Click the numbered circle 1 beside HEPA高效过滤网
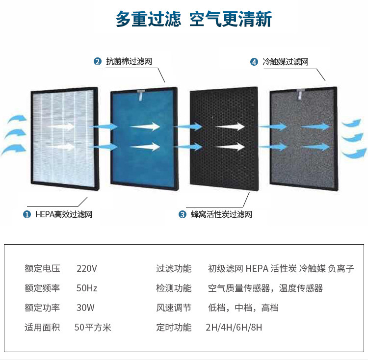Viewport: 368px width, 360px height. click(x=27, y=214)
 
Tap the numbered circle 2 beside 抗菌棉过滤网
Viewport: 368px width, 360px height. click(x=98, y=62)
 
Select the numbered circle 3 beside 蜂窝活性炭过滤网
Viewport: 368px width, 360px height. click(x=183, y=214)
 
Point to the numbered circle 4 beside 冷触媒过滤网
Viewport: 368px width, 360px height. click(x=254, y=62)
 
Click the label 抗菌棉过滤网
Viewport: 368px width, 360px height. click(x=129, y=62)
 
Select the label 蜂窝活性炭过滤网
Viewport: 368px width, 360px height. click(x=221, y=214)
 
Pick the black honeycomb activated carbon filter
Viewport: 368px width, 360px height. click(x=224, y=139)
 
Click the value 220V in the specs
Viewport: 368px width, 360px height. click(x=87, y=268)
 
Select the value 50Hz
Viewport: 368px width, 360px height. click(x=87, y=288)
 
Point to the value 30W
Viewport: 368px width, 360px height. click(x=85, y=308)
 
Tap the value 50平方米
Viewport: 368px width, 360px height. click(x=93, y=327)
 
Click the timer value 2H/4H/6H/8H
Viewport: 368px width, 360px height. click(x=234, y=327)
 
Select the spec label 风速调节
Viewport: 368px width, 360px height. click(x=174, y=308)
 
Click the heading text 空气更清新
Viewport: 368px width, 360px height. click(x=231, y=20)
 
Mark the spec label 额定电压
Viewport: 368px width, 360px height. click(x=42, y=268)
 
